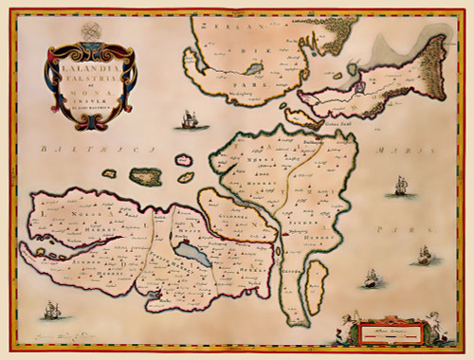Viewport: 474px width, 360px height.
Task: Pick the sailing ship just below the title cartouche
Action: pyautogui.click(x=187, y=120)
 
